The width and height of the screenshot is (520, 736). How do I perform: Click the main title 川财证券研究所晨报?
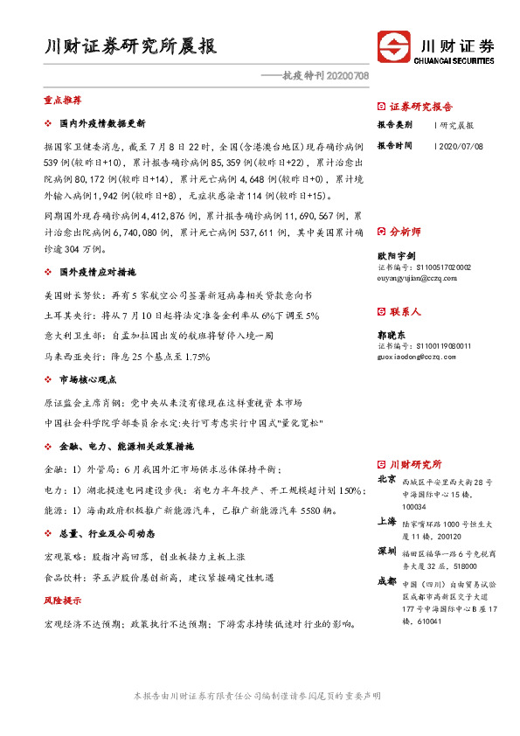pos(130,46)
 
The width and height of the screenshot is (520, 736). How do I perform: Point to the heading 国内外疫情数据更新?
pos(101,123)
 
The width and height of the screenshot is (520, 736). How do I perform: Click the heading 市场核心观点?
pos(87,380)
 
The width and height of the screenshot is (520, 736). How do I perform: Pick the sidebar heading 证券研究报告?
pos(420,107)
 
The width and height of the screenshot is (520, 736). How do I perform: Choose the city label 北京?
pos(386,479)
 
